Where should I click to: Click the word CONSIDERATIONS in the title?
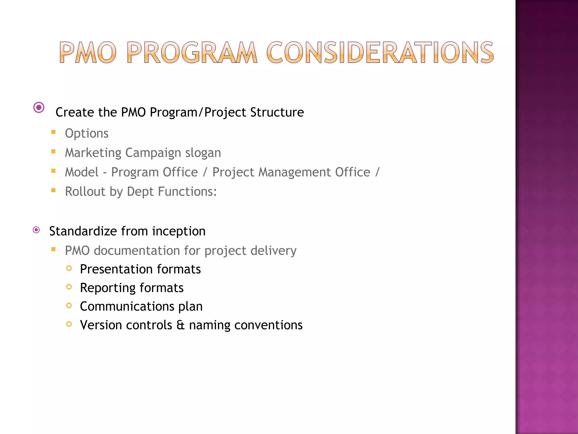point(380,52)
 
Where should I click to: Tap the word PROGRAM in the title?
point(192,52)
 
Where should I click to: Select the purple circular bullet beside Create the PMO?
point(39,108)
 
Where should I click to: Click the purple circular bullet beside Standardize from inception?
point(36,230)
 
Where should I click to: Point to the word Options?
point(87,133)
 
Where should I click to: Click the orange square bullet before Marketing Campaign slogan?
point(53,151)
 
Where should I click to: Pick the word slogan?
point(203,153)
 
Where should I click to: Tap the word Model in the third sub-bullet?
point(82,172)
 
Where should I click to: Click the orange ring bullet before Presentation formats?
point(69,268)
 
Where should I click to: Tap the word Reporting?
point(108,288)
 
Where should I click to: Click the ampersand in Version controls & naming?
point(180,325)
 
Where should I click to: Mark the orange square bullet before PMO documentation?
point(53,249)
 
